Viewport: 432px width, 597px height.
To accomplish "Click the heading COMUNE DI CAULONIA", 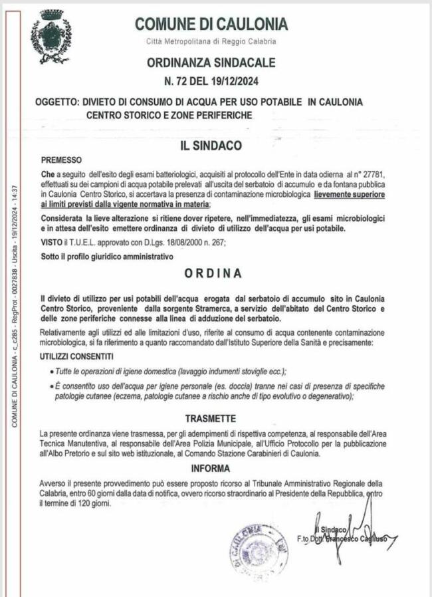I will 211,25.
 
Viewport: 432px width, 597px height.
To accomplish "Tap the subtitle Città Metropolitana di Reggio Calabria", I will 211,42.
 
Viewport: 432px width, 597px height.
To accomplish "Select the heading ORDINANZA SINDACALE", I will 211,63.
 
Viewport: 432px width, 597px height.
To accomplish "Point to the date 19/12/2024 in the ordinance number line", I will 235,82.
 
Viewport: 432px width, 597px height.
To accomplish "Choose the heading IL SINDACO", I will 211,144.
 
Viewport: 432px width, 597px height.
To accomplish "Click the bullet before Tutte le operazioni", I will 52,371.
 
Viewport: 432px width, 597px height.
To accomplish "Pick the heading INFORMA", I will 211,468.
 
